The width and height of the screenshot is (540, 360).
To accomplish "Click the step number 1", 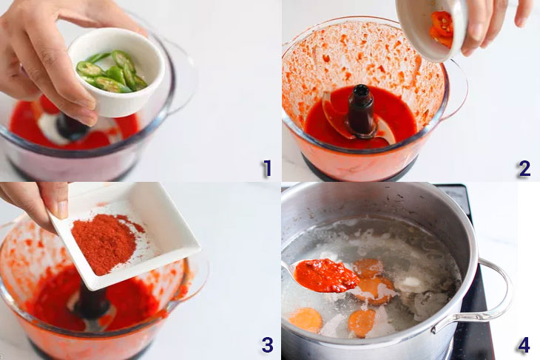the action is (267, 169).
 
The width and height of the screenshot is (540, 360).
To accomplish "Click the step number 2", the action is (524, 169).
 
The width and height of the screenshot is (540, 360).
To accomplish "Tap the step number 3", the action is (267, 344).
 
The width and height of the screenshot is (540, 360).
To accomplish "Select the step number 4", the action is (524, 344).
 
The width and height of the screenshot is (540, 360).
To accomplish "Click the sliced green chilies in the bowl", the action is (112, 72).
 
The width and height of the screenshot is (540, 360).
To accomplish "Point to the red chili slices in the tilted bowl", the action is (441, 29).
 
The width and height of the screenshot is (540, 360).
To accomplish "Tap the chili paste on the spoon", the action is (326, 275).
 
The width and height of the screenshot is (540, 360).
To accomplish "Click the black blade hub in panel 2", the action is (360, 109).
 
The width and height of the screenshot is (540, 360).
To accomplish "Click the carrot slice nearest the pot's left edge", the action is (306, 320).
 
